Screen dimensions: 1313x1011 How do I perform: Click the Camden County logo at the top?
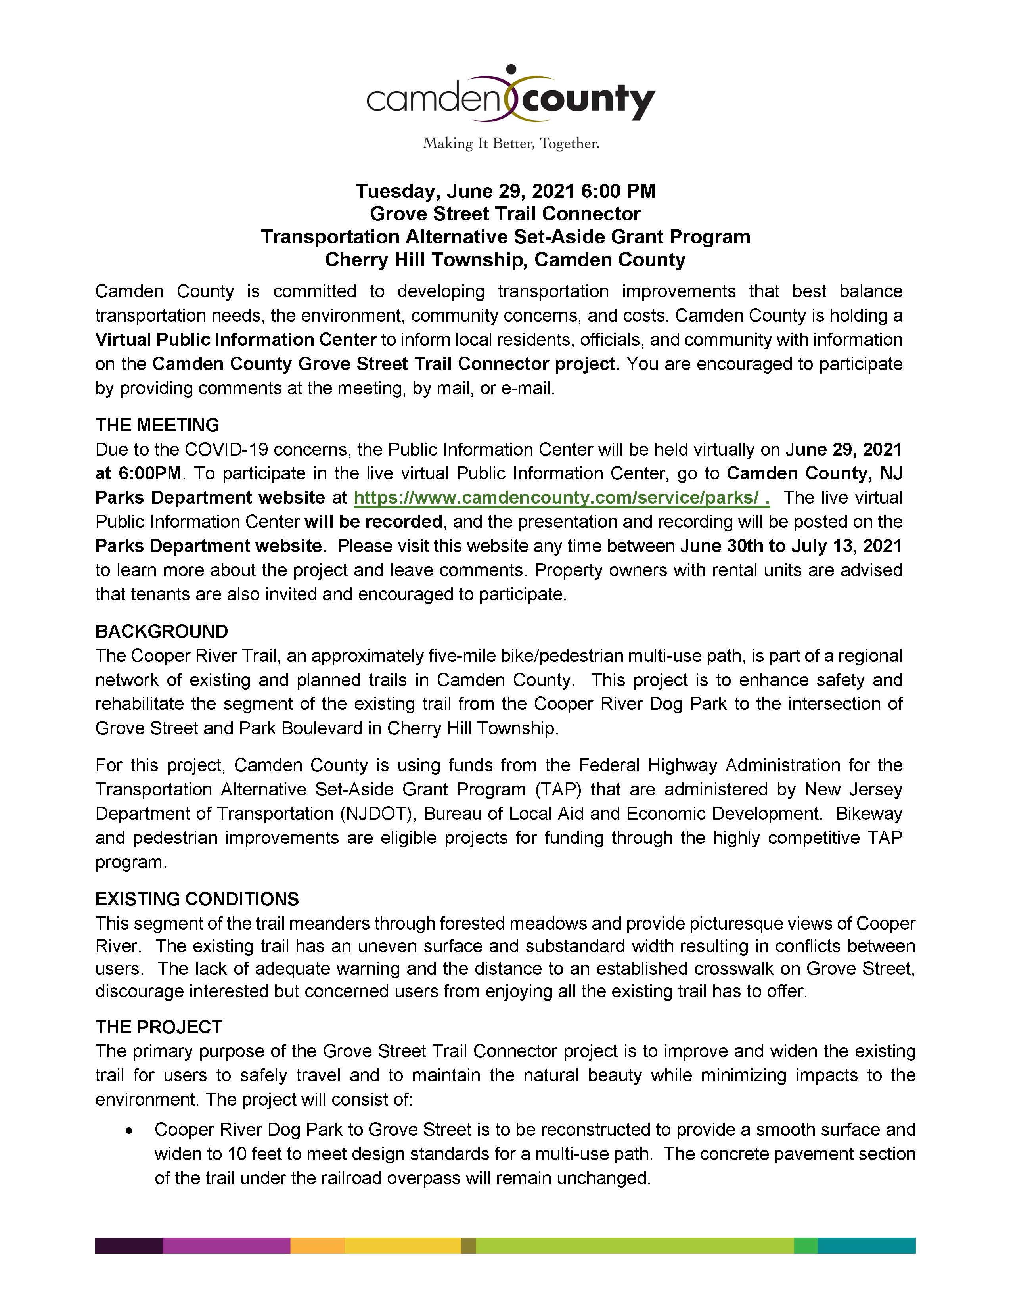[510, 96]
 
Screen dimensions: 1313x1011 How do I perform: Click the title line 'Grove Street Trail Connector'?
[505, 214]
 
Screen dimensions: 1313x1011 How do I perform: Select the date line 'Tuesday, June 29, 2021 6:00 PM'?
[505, 191]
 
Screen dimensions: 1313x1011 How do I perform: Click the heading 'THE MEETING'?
[157, 425]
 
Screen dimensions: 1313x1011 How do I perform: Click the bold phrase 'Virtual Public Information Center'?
[236, 340]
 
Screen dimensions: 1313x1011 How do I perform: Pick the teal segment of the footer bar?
[866, 1245]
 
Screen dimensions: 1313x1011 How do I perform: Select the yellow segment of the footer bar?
[403, 1245]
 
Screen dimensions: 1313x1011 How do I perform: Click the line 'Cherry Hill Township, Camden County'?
[505, 260]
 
